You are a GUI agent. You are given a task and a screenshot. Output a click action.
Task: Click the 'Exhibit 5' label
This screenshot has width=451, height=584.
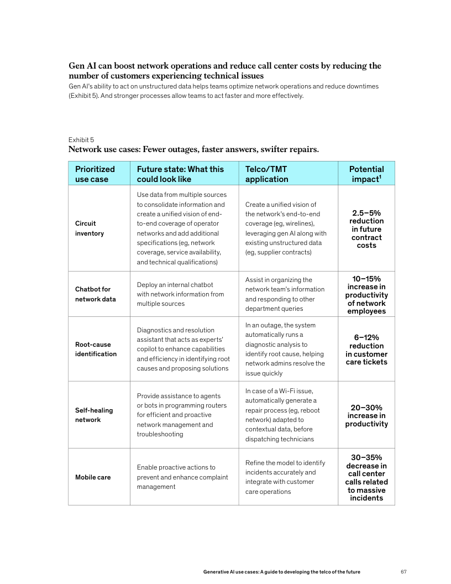[x=81, y=139]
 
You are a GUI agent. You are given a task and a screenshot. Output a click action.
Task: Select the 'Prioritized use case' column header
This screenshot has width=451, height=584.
[x=95, y=174]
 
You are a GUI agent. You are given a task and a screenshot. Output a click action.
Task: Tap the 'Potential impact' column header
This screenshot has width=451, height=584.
[x=366, y=174]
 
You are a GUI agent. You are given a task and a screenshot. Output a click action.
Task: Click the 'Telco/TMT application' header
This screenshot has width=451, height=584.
[x=267, y=174]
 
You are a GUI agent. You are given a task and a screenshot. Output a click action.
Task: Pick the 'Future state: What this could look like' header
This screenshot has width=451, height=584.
[x=180, y=174]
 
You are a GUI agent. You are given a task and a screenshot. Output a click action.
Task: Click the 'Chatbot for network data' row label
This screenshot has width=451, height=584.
[x=96, y=294]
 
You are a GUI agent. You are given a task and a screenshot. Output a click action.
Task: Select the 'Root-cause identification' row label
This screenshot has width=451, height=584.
[x=96, y=349]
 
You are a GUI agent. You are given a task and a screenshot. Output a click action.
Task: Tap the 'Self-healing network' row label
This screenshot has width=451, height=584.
[x=94, y=415]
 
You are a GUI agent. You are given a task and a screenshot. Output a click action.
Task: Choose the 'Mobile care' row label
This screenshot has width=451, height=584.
[x=93, y=477]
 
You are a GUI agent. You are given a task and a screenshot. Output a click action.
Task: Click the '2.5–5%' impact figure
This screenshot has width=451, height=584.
[x=366, y=213]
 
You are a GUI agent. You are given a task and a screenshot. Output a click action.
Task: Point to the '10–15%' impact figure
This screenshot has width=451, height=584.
[x=366, y=279]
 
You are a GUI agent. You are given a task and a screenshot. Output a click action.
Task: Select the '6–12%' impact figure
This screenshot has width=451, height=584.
[x=366, y=337]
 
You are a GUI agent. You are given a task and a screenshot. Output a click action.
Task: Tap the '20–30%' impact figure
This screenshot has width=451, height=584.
[x=366, y=407]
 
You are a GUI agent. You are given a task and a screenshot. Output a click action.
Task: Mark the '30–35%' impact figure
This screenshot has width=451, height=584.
[x=366, y=457]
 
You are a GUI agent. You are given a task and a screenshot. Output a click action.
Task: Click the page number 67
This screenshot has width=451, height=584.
[x=403, y=571]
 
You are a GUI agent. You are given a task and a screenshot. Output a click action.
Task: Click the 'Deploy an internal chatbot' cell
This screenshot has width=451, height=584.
[x=180, y=294]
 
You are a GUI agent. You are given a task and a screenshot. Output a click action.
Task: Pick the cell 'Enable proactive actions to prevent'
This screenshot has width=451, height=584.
[x=182, y=477]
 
